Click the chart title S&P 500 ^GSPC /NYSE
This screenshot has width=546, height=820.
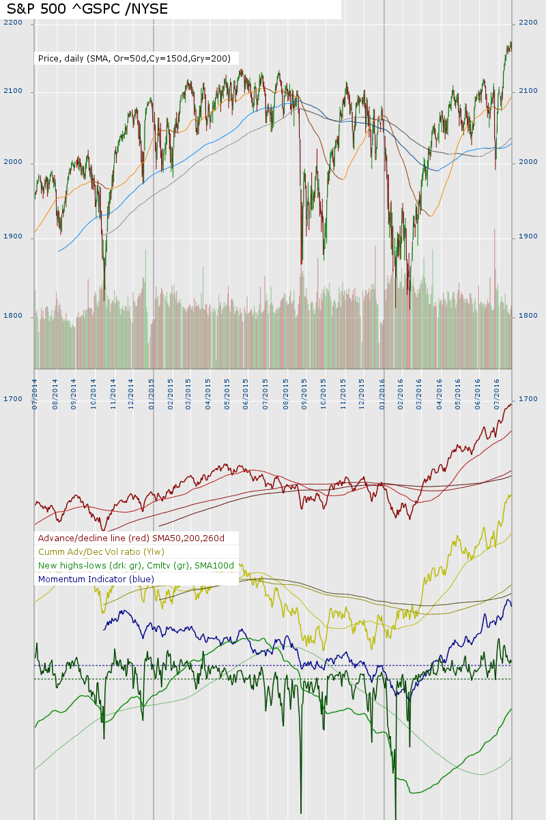pos(87,9)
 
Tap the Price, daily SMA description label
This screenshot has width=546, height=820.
pos(134,59)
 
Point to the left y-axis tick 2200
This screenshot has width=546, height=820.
pos(13,23)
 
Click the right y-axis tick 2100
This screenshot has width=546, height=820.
pos(528,91)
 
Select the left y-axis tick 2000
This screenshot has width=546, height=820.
pos(13,163)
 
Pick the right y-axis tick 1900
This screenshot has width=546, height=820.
pos(528,236)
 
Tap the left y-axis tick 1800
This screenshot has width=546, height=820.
pos(13,316)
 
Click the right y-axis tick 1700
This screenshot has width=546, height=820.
pos(528,398)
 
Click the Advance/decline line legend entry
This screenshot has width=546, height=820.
pos(131,538)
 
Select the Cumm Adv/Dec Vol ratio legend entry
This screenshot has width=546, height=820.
pos(101,552)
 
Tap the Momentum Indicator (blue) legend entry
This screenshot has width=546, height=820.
pos(96,579)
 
